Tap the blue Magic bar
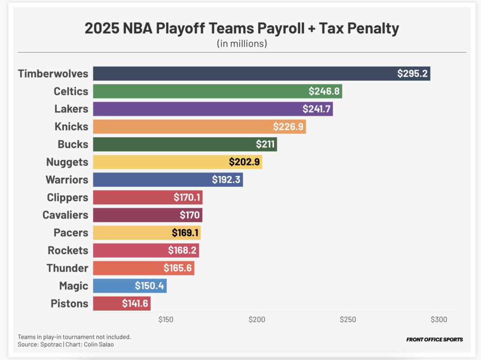pyautogui.click(x=130, y=286)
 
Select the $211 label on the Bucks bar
pyautogui.click(x=265, y=144)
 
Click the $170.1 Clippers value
pyautogui.click(x=187, y=198)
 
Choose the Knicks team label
pyautogui.click(x=71, y=127)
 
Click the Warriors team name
pyautogui.click(x=67, y=180)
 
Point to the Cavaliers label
pyautogui.click(x=65, y=215)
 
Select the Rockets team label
pyautogui.click(x=68, y=250)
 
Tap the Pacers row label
pyautogui.click(x=71, y=232)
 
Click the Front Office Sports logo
pyautogui.click(x=434, y=339)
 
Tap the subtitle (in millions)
pyautogui.click(x=242, y=44)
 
